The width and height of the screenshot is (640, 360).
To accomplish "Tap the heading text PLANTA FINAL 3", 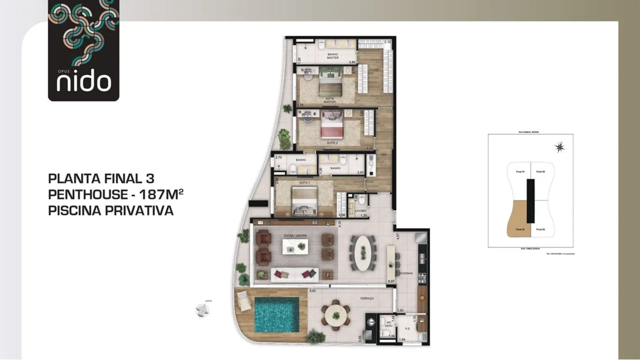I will [101, 179].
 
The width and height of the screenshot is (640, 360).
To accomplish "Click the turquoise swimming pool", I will [276, 314].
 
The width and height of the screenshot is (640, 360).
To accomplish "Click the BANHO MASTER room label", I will [333, 56].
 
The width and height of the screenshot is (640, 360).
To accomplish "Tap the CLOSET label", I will [375, 70].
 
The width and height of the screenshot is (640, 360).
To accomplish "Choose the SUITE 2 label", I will [332, 143].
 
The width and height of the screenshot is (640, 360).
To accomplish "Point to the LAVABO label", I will [360, 210].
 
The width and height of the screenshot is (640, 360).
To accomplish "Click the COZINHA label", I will [406, 273].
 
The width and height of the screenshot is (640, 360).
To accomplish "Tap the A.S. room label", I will [407, 329].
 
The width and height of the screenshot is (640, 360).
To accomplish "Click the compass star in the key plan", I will [559, 147].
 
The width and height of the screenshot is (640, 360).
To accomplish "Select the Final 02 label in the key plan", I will [540, 171].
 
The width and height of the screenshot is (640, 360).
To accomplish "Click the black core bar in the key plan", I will [531, 201].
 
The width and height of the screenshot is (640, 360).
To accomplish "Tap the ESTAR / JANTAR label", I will [295, 235].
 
